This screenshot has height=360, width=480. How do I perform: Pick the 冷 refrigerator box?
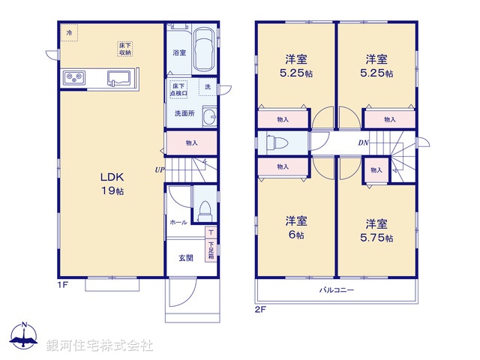point(70,33)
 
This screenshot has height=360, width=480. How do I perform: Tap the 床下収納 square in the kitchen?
point(124,49)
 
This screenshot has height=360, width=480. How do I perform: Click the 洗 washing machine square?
point(208,88)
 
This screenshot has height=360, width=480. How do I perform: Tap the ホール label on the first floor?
point(178,223)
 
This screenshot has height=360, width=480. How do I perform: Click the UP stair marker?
point(160,169)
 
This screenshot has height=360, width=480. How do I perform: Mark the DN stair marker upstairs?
point(362,142)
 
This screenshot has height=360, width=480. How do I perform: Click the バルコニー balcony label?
point(337,289)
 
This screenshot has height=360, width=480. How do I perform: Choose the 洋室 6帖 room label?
point(294,228)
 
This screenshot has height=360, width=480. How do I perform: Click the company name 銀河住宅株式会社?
point(100,345)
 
